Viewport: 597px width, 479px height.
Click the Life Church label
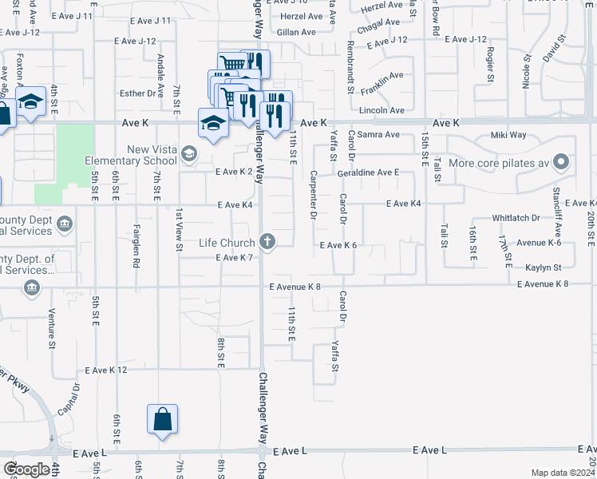point(227,243)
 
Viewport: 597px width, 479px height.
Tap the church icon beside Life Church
point(267,242)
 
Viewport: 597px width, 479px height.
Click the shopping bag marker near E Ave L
point(162,419)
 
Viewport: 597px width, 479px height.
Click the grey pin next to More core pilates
point(561,164)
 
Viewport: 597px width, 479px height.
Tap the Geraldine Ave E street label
point(368,172)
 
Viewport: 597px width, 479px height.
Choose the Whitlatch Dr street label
point(516,217)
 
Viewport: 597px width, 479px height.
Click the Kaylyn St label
point(543,267)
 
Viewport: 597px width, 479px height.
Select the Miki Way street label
point(508,135)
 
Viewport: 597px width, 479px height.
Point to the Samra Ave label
point(378,135)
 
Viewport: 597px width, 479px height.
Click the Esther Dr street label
point(137,93)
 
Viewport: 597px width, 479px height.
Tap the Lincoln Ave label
point(382,110)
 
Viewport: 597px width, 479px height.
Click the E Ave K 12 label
point(106,370)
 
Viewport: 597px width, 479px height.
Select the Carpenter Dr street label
point(313,195)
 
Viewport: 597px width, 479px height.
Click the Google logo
point(27,469)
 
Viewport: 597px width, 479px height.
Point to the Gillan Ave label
point(296,33)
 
